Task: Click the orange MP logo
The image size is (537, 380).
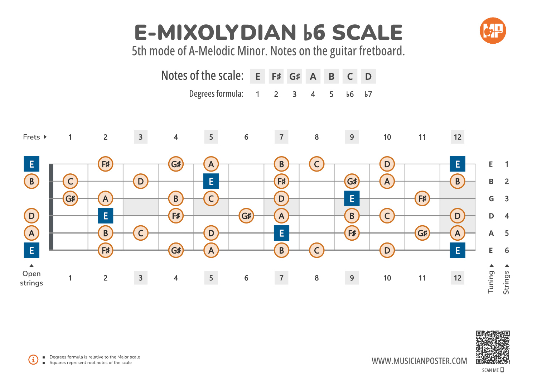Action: (x=493, y=31)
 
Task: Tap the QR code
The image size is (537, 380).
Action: (x=493, y=347)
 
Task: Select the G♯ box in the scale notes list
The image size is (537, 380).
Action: (x=295, y=76)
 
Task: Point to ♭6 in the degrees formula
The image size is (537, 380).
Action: (x=350, y=94)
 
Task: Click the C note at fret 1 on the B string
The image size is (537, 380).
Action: (x=70, y=181)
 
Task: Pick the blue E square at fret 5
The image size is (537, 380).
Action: (x=211, y=181)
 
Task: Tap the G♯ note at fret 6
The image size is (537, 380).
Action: (x=246, y=216)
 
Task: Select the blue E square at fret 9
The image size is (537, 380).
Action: (x=352, y=198)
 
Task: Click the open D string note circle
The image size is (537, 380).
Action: (x=32, y=216)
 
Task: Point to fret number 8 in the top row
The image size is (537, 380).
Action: (x=316, y=137)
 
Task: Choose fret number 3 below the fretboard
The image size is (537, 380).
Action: (x=141, y=278)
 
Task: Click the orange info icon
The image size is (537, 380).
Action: (x=33, y=359)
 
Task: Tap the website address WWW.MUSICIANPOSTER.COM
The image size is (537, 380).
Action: (x=419, y=361)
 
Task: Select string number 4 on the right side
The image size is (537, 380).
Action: (x=507, y=216)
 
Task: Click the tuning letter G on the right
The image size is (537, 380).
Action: (x=491, y=199)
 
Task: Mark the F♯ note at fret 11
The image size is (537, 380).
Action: (x=422, y=198)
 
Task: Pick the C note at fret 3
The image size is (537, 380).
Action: (x=141, y=233)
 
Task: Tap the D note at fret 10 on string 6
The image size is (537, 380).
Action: (x=387, y=250)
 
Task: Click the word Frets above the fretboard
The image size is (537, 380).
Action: (x=32, y=137)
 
